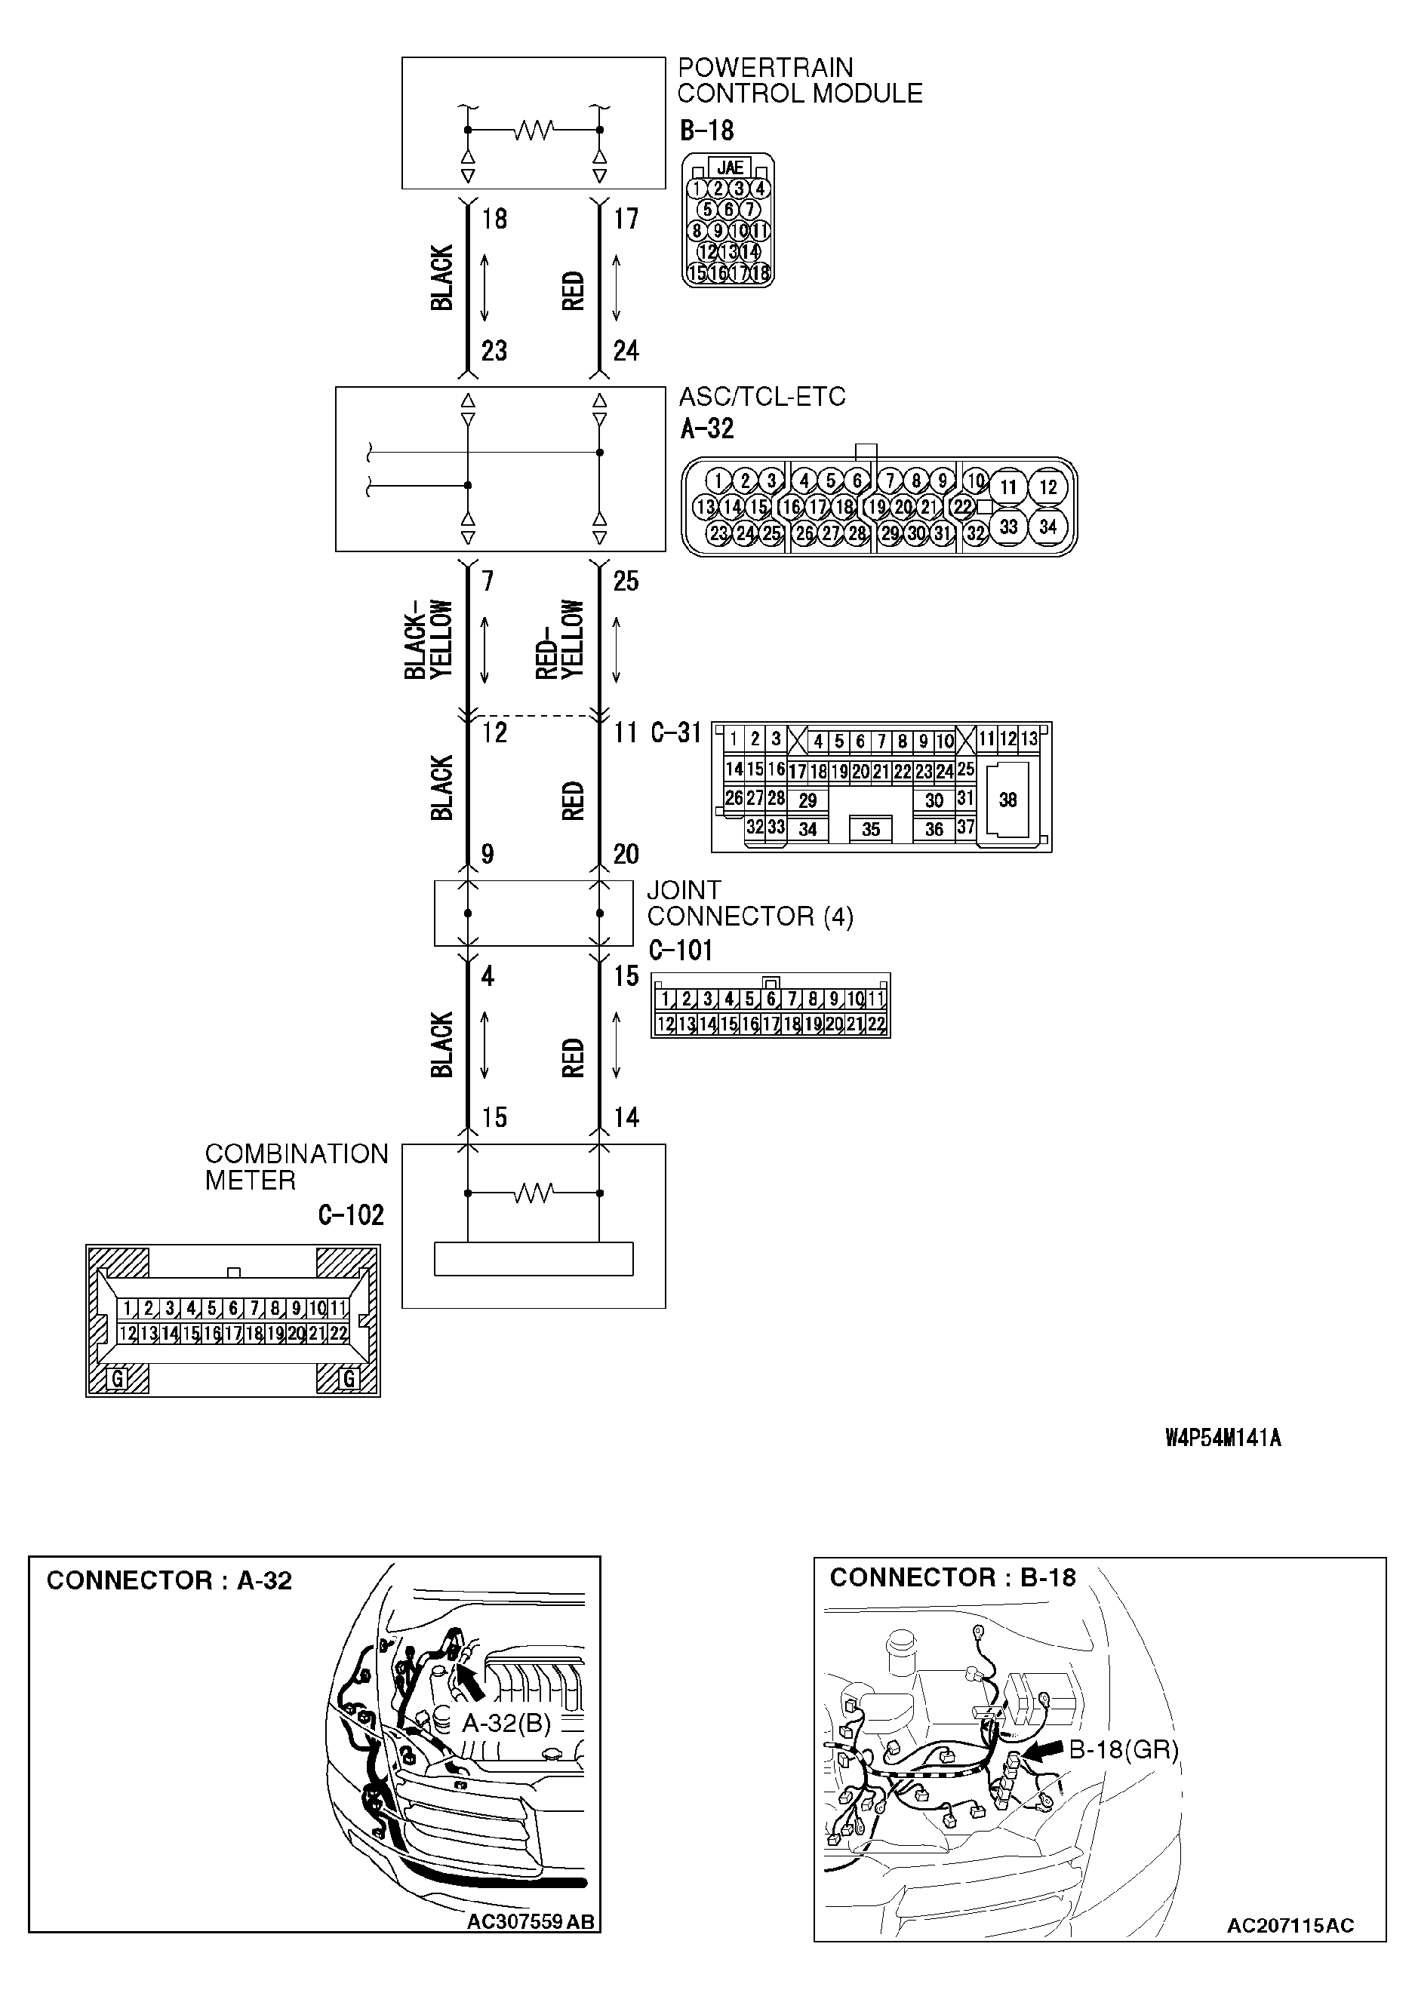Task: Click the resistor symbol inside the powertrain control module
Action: tap(534, 131)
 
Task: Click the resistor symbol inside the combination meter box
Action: tap(534, 1193)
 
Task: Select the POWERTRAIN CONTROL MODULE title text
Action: tap(799, 80)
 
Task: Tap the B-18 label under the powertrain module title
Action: tap(706, 131)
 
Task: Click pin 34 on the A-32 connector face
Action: tap(1047, 526)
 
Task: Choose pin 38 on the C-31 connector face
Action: tap(1007, 800)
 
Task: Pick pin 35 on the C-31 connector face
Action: tap(870, 829)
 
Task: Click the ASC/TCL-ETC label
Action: tap(761, 398)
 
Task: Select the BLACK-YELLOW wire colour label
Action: tap(429, 640)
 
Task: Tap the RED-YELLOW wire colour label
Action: tap(559, 640)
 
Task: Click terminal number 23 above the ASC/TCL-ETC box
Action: tap(494, 351)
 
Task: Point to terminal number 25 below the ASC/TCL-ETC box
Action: tap(626, 581)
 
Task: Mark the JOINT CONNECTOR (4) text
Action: tap(749, 903)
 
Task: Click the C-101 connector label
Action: tap(681, 950)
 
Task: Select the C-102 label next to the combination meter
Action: tap(350, 1214)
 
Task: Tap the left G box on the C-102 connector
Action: tap(117, 1378)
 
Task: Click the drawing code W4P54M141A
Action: tap(1223, 1438)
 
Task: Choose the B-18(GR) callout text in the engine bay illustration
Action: tap(1122, 1749)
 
